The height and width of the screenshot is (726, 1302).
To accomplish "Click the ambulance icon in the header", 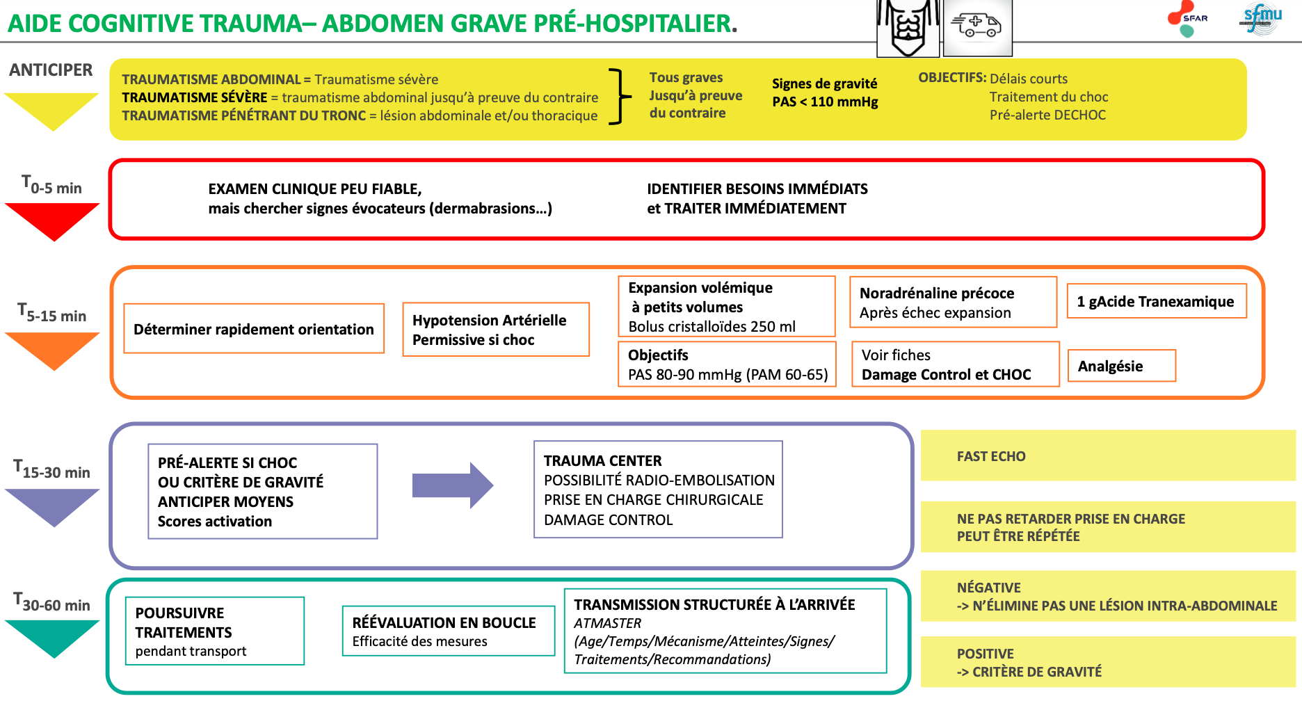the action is coord(977,27).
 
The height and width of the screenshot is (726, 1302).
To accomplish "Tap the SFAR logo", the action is coord(1187,18).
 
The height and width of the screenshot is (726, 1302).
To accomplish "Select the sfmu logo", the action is coord(1260,18).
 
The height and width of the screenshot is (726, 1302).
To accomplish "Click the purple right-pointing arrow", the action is coord(453,485).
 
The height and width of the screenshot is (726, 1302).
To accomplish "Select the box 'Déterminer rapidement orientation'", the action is coord(254,328).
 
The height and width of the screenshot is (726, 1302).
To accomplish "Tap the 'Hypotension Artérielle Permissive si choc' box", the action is coord(496,330).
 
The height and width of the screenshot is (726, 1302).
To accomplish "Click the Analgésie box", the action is coord(1122,366).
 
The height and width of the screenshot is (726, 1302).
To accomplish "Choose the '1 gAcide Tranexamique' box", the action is coord(1157,301).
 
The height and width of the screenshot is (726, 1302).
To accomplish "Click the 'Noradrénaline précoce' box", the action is coord(953,302).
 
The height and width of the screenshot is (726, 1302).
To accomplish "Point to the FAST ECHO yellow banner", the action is coord(1108,455).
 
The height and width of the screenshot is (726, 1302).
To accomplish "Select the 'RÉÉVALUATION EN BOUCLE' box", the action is coord(449,631).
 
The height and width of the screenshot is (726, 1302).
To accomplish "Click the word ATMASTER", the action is coord(608,623).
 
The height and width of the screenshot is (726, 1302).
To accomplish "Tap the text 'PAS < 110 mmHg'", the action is coord(825,102).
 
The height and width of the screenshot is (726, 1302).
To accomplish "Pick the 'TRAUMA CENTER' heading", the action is coord(602,460).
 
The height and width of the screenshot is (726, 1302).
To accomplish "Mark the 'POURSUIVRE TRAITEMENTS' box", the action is coord(215,631).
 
